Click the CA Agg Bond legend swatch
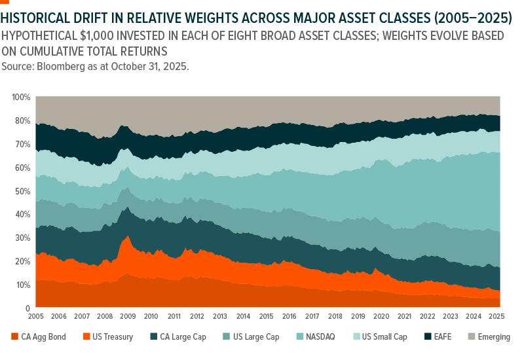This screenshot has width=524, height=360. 14,337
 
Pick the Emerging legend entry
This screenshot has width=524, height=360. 491,337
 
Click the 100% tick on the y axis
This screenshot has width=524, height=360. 21,97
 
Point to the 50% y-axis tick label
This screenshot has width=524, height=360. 22,191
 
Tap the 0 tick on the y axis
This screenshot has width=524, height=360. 28,308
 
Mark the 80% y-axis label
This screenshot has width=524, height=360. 22,120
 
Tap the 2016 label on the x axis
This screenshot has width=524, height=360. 290,316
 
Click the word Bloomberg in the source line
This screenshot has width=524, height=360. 61,67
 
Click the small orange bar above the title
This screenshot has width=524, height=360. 5,2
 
